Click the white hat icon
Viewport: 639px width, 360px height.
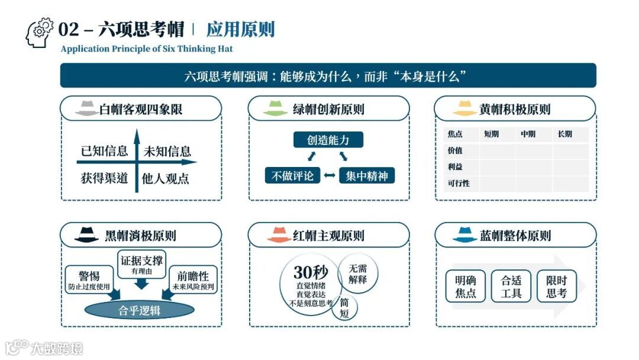(x=87, y=109)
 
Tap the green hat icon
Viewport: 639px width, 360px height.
(x=275, y=109)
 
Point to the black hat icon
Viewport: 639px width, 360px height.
(x=87, y=235)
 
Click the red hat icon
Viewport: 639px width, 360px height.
(x=279, y=235)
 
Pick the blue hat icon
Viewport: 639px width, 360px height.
(x=464, y=235)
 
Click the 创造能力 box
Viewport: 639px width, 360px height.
(x=328, y=140)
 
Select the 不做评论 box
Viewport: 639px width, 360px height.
(x=292, y=176)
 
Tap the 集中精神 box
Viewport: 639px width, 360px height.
(x=367, y=176)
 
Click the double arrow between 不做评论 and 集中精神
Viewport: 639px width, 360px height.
(x=330, y=176)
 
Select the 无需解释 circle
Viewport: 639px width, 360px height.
(x=358, y=274)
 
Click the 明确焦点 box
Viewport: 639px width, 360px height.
(x=466, y=286)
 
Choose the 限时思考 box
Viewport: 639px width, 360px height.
(x=556, y=286)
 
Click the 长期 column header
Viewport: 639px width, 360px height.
(x=565, y=134)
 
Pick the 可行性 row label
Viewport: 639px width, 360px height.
(x=459, y=184)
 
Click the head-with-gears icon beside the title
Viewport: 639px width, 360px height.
(x=40, y=33)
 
